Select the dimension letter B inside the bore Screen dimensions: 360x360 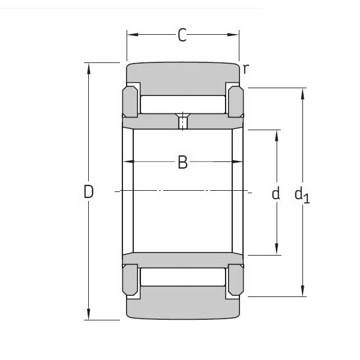click(x=182, y=162)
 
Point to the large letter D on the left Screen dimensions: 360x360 click(x=89, y=192)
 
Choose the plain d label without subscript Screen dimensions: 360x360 click(x=276, y=193)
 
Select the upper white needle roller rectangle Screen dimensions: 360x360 click(x=183, y=104)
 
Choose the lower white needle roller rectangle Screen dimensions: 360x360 click(x=183, y=277)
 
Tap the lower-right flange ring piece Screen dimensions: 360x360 click(x=235, y=281)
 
